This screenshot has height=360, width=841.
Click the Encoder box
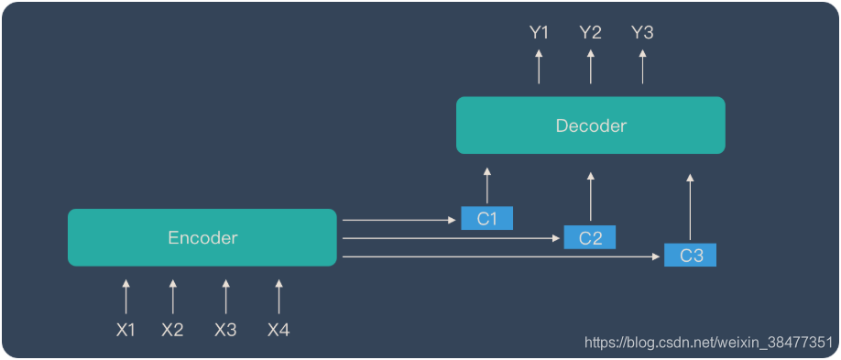[202, 238]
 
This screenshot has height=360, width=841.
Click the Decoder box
[591, 125]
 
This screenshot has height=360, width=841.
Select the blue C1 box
[486, 218]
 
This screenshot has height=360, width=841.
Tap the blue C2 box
[590, 237]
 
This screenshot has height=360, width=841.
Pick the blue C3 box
[691, 256]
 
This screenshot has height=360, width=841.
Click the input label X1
[126, 330]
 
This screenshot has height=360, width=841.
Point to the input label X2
[172, 330]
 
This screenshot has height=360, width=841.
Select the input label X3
[225, 330]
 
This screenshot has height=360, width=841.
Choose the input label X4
[279, 330]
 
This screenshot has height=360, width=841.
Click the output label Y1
[539, 33]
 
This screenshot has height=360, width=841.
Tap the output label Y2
[590, 33]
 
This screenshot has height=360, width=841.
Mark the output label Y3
[642, 33]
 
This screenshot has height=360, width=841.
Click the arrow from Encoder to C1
[399, 220]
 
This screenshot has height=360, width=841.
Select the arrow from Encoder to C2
[449, 239]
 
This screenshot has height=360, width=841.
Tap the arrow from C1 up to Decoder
[486, 186]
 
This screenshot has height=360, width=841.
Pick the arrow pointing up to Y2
[590, 66]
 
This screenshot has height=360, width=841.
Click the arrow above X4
[279, 298]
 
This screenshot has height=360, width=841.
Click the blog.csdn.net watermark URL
[708, 343]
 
